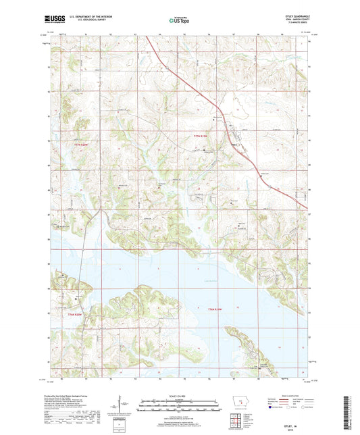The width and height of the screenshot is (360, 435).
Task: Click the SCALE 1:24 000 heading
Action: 179,395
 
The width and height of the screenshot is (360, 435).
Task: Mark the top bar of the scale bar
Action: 179,403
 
